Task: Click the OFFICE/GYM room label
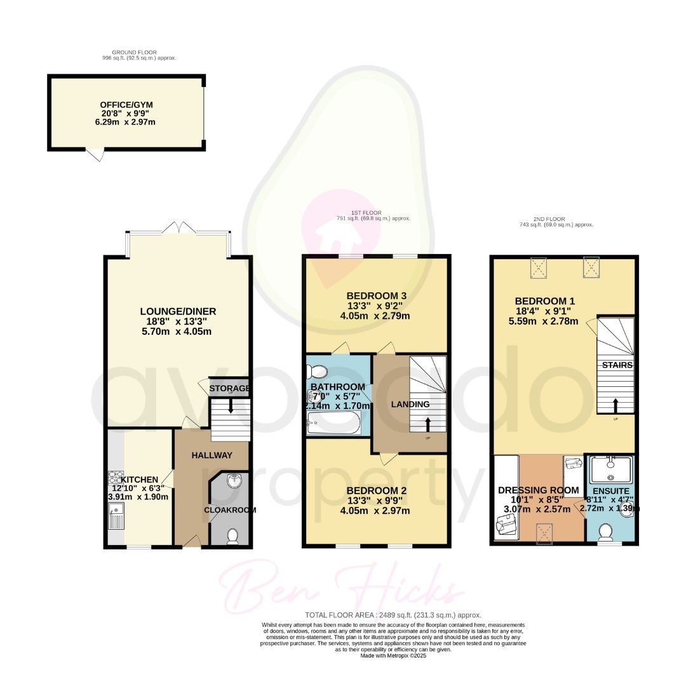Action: (x=126, y=105)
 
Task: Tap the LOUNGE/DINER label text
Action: (x=178, y=311)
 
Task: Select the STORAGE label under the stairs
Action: (x=229, y=388)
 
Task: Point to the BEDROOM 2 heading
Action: (x=377, y=490)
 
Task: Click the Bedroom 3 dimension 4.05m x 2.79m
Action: (x=377, y=316)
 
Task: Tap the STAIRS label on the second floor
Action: (x=617, y=365)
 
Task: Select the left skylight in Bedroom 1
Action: (x=541, y=267)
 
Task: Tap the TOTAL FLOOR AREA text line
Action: (x=393, y=615)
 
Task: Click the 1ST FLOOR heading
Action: (x=373, y=213)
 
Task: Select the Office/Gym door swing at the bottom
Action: (x=94, y=154)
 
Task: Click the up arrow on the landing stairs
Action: (x=427, y=424)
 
